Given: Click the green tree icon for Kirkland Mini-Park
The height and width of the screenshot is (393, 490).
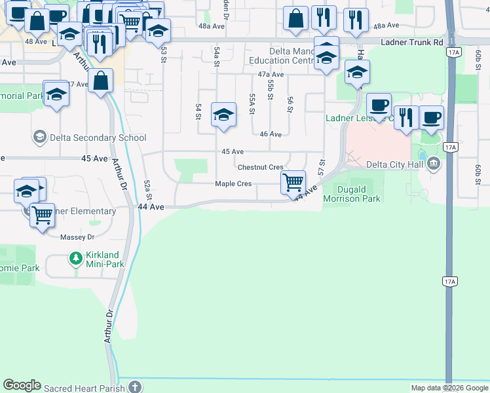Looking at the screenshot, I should pyautogui.click(x=76, y=259).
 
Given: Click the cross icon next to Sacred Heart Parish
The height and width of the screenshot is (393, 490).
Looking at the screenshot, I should pyautogui.click(x=134, y=387).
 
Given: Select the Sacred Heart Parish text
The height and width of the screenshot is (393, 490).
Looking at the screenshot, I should pyautogui.click(x=85, y=388).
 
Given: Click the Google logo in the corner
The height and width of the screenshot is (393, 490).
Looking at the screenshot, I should pyautogui.click(x=22, y=386).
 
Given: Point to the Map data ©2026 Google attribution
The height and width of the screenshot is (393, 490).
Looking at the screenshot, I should pyautogui.click(x=449, y=388).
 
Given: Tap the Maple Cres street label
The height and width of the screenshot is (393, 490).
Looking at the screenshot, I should pyautogui.click(x=233, y=184).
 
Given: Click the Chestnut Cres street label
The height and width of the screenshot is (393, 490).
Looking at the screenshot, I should pyautogui.click(x=260, y=168).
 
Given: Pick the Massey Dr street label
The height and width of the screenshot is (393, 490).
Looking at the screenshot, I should pyautogui.click(x=77, y=236).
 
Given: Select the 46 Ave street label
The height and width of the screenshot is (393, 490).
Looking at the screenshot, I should pyautogui.click(x=270, y=134).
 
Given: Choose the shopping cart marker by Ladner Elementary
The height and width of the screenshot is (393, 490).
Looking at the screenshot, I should pyautogui.click(x=42, y=214).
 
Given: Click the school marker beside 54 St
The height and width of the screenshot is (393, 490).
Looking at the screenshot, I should pyautogui.click(x=223, y=114).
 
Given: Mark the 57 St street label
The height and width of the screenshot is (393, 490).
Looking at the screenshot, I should pyautogui.click(x=322, y=166).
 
